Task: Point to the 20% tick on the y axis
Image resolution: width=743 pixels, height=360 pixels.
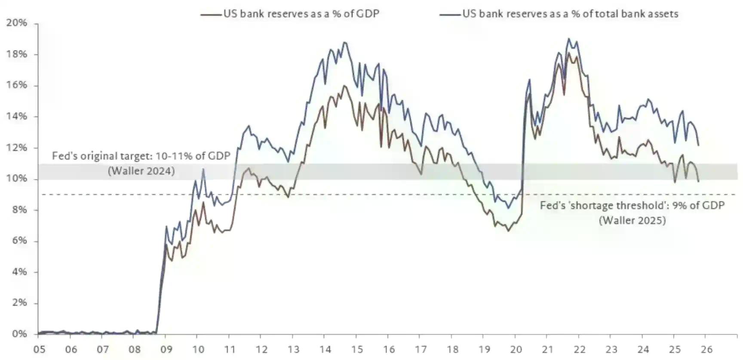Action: coord(17,23)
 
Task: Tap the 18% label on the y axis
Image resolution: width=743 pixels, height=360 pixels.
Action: coord(17,54)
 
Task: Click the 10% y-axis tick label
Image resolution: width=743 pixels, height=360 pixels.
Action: coord(17,178)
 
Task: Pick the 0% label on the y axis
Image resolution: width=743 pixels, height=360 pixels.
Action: coord(19,334)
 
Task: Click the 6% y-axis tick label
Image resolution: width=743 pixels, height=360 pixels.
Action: coord(19,241)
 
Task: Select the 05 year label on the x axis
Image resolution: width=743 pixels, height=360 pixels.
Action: coord(39,349)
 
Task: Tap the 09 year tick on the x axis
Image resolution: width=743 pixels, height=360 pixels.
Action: coord(166,349)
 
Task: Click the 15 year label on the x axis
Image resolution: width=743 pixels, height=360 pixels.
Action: coord(357,349)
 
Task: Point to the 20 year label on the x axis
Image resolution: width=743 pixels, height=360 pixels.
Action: coord(516,349)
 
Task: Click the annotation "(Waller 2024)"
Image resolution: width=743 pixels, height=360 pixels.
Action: coord(141,171)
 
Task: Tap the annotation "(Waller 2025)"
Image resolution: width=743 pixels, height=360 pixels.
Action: coord(632,220)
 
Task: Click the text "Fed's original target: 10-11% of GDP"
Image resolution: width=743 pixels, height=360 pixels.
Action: coord(141,156)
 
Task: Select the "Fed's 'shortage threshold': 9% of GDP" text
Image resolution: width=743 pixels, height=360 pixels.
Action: coord(632,205)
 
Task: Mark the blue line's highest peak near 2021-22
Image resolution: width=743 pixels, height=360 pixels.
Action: coord(569,39)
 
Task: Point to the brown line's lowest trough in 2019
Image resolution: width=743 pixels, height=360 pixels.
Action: coord(508,231)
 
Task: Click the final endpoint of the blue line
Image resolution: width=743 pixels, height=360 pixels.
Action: coord(698,145)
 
